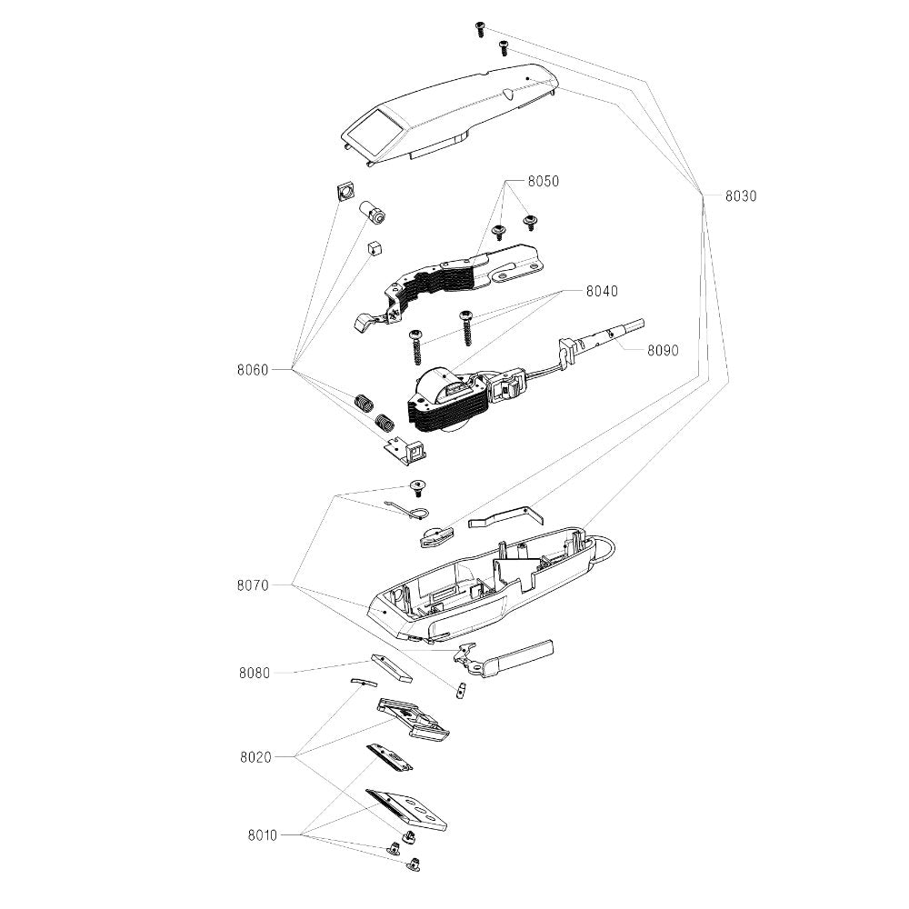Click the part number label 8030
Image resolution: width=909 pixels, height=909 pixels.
[741, 195]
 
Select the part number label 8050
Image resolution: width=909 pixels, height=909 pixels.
[543, 182]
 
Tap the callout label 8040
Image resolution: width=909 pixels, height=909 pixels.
[602, 292]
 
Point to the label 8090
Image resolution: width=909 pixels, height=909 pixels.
[664, 349]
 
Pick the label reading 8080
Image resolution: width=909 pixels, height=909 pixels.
[255, 673]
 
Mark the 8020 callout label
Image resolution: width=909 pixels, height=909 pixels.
[255, 756]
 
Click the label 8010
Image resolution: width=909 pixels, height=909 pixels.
[262, 834]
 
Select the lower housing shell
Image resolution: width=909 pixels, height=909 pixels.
[482, 582]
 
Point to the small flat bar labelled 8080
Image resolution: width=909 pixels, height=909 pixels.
[392, 668]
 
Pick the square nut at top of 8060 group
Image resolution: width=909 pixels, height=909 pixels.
[344, 192]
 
